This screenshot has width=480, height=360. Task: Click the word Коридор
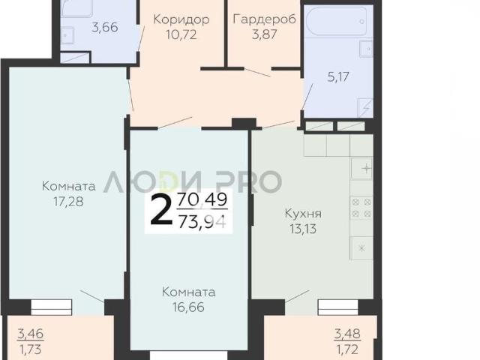(181, 19)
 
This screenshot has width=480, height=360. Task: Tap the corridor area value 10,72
(181, 34)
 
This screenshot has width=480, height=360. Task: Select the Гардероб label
(265, 19)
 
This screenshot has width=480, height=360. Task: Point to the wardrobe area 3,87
(265, 34)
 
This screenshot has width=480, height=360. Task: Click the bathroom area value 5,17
(338, 76)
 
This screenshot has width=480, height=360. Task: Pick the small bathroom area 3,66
(105, 28)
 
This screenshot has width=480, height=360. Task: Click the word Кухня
(303, 213)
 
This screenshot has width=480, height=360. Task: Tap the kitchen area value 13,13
(303, 229)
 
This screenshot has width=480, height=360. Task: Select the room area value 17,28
(68, 202)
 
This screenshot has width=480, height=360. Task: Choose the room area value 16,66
(188, 307)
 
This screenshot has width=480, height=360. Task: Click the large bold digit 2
(161, 209)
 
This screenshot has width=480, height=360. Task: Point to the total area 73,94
(202, 222)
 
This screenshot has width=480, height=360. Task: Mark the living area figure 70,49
(202, 199)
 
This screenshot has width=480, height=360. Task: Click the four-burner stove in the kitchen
(361, 208)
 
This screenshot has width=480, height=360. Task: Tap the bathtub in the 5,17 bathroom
(334, 21)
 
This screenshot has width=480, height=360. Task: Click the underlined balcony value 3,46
(30, 334)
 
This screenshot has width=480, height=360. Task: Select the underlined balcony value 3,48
(347, 334)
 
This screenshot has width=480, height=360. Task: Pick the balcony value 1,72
(347, 349)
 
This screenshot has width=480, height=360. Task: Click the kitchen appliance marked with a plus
(361, 168)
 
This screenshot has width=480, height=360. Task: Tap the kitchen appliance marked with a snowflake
(361, 248)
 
